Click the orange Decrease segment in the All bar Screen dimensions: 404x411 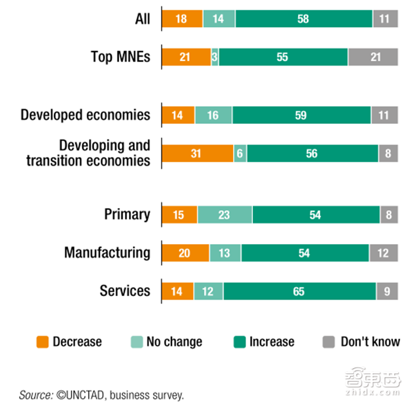(x=182, y=19)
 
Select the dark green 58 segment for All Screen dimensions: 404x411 (x=304, y=19)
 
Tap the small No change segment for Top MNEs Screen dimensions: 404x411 (x=214, y=57)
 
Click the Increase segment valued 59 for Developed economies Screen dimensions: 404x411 (x=301, y=116)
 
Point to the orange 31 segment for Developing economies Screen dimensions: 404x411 (x=197, y=154)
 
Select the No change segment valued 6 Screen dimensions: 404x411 (x=240, y=154)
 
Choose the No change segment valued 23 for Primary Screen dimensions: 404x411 (x=224, y=215)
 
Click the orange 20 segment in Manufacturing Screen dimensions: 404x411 (x=185, y=253)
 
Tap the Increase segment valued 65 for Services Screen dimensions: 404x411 (x=299, y=291)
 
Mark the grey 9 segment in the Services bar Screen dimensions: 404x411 (x=387, y=291)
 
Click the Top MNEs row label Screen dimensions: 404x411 (x=121, y=57)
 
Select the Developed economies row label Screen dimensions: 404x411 (x=85, y=116)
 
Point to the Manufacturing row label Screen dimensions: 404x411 (x=107, y=253)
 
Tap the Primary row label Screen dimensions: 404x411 (x=127, y=215)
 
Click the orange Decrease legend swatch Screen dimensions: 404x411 (x=42, y=342)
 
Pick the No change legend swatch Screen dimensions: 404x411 (x=137, y=342)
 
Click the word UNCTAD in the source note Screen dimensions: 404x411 (x=79, y=394)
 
